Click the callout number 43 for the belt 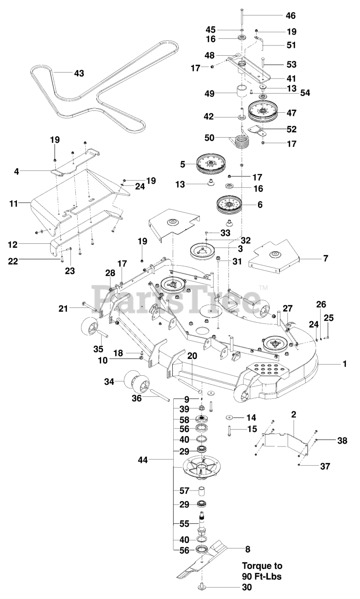coord(79,73)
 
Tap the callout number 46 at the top coord(291,16)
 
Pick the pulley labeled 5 coord(211,164)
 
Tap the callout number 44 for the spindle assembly coord(143,460)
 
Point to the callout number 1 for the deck coord(345,364)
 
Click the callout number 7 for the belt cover coord(325,258)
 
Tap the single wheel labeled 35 coord(88,327)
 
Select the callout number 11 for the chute coord(14,204)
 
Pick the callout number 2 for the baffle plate coord(294,415)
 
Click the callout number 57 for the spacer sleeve coord(184,491)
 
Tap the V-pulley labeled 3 coord(203,251)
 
